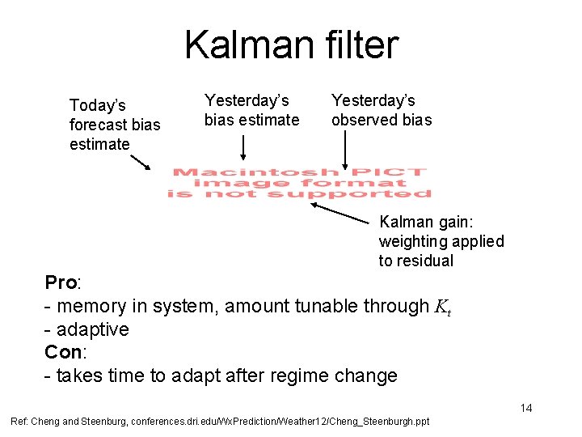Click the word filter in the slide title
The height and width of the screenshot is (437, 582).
point(359,45)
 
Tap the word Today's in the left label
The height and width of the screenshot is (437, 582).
point(98,105)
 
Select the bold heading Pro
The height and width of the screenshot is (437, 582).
point(60,282)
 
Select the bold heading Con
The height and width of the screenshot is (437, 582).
point(61,353)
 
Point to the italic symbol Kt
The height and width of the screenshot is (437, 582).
point(442,307)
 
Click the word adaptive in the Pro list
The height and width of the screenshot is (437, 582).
point(92,329)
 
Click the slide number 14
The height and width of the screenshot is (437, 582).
point(525,408)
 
